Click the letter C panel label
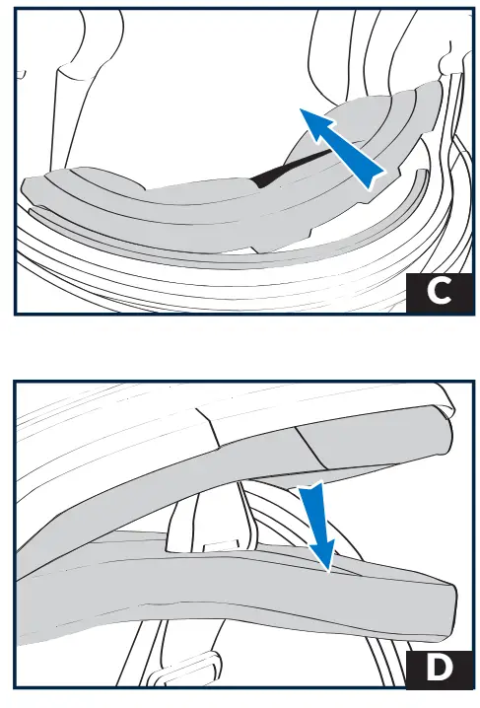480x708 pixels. click(x=439, y=292)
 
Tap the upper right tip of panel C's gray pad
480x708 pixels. click(x=439, y=83)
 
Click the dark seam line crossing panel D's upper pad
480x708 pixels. click(x=312, y=448)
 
